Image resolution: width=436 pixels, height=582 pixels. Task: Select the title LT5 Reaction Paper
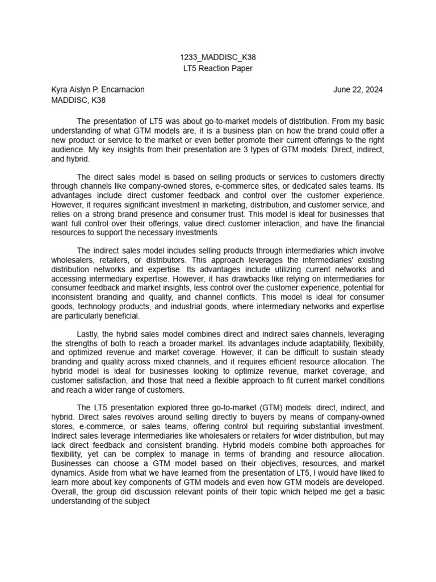pyautogui.click(x=217, y=69)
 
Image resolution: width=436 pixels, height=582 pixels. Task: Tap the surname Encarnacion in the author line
pyautogui.click(x=120, y=90)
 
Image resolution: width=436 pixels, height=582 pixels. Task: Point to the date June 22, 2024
pyautogui.click(x=358, y=90)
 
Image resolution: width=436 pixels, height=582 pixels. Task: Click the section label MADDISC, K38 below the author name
pyautogui.click(x=78, y=101)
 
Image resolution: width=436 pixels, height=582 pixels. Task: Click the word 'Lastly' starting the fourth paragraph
pyautogui.click(x=89, y=334)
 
